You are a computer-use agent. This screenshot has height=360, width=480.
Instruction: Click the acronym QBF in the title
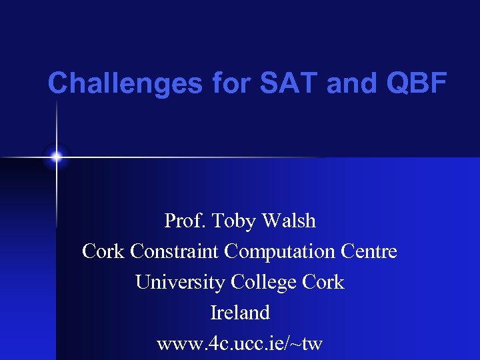[414, 83]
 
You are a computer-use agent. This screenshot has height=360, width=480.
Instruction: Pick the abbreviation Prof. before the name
[185, 221]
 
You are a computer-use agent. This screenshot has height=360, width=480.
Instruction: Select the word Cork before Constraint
[103, 252]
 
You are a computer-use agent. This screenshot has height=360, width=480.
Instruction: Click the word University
[180, 283]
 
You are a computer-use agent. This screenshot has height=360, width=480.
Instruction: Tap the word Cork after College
[323, 283]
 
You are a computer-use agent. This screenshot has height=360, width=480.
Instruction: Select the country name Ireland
[240, 313]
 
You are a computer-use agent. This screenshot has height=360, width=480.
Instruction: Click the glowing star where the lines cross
[57, 157]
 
